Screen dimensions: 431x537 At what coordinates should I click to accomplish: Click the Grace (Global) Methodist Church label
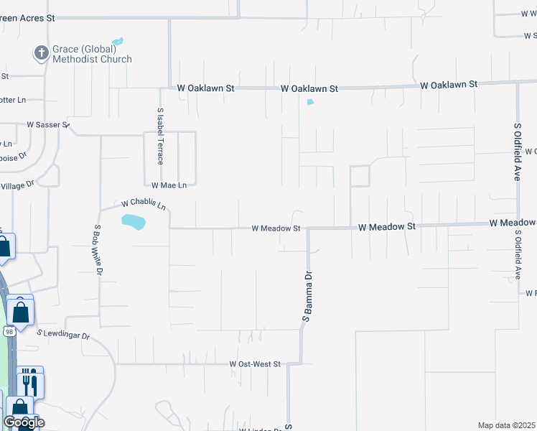tap(92, 55)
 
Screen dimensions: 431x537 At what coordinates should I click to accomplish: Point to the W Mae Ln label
tap(169, 185)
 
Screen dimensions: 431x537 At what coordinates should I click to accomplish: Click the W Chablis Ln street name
tap(144, 205)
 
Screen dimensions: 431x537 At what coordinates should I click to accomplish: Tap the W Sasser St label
tap(47, 124)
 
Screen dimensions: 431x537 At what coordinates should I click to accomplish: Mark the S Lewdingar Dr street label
tap(64, 335)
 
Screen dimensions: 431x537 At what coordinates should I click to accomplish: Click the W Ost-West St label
tap(255, 365)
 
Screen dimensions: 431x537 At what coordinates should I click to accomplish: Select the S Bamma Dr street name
tap(307, 297)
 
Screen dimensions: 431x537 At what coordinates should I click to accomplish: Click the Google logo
tap(24, 422)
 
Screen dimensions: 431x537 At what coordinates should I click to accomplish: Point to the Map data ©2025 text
tap(507, 425)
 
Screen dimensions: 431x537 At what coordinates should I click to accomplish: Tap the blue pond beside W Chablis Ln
tap(134, 222)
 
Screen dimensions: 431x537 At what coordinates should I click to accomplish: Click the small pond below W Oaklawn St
tap(310, 102)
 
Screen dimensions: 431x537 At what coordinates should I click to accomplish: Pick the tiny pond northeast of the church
tap(118, 41)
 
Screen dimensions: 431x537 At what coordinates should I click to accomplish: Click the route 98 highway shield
tap(9, 331)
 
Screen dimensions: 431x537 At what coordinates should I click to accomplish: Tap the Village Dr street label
tap(17, 187)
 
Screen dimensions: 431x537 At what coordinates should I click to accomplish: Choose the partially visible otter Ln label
tap(13, 100)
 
